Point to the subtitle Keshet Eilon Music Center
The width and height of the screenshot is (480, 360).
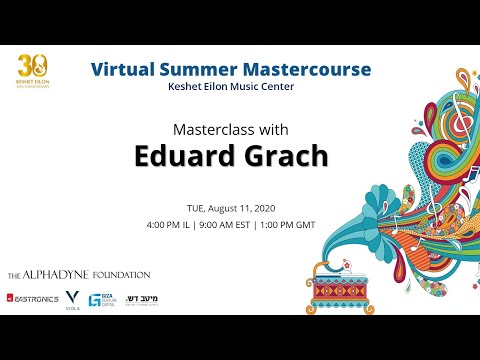(x=230, y=88)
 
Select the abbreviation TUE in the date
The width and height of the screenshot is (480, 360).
(x=196, y=208)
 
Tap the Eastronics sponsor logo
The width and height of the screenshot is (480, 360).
(x=31, y=298)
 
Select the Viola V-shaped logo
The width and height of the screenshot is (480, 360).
(x=71, y=297)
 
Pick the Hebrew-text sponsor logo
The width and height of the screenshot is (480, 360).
(x=141, y=298)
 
